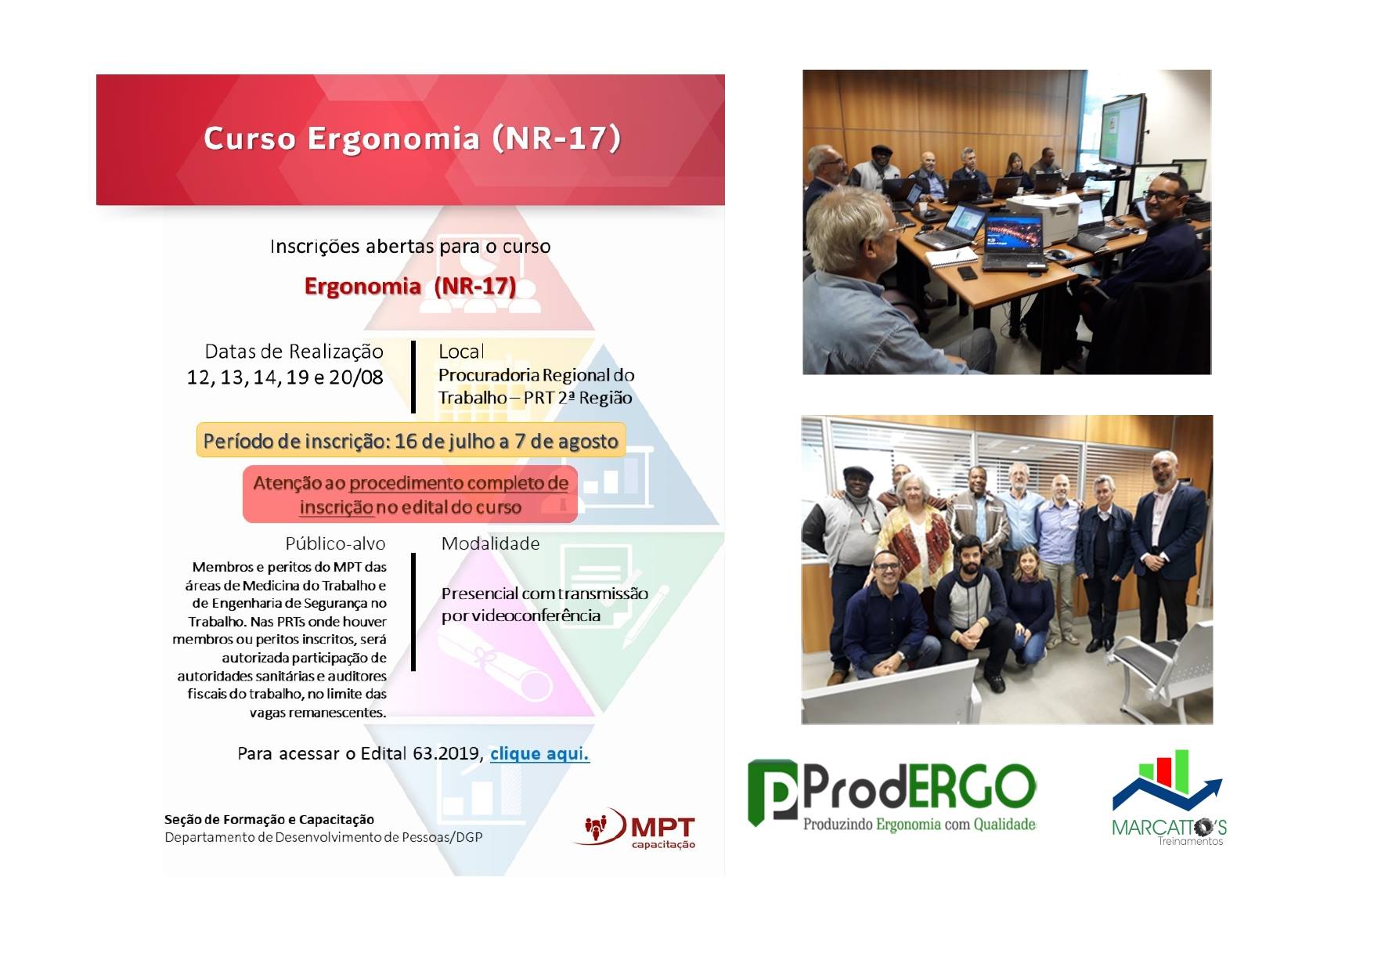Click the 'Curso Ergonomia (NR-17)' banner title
click(412, 138)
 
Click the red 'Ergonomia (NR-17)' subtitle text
click(410, 286)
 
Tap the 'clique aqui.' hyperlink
click(539, 753)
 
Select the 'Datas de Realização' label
click(294, 352)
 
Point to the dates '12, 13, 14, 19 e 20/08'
click(285, 377)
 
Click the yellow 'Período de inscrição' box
click(411, 440)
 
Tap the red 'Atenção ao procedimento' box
click(410, 495)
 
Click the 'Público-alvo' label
click(335, 543)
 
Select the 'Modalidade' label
click(490, 543)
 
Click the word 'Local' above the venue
click(461, 352)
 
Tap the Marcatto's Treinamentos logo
click(1169, 799)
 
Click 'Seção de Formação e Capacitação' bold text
click(269, 819)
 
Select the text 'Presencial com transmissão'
click(545, 594)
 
